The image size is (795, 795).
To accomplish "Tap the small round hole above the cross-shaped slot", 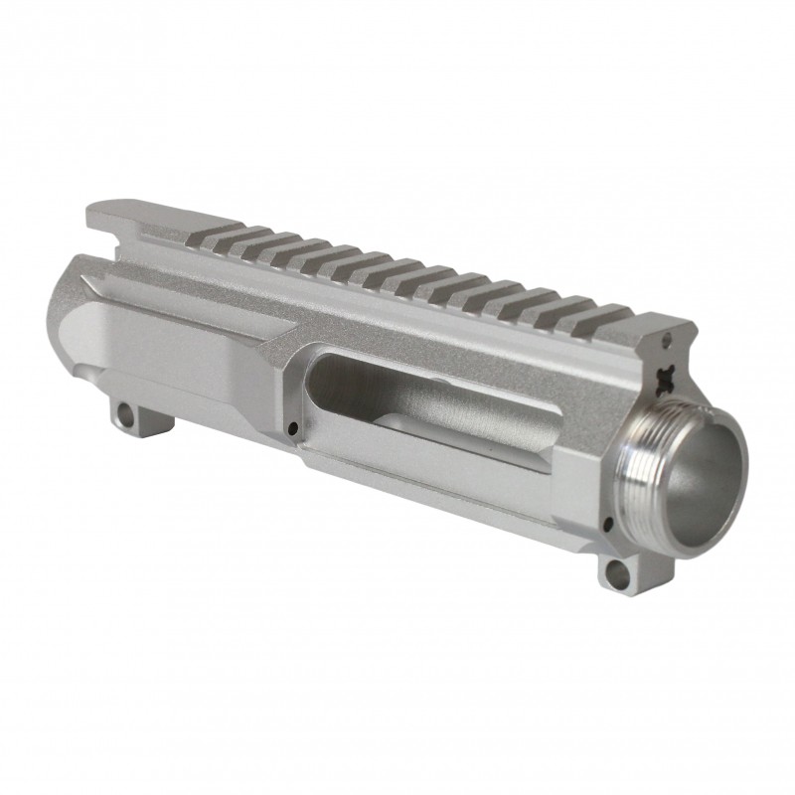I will (x=664, y=343).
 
